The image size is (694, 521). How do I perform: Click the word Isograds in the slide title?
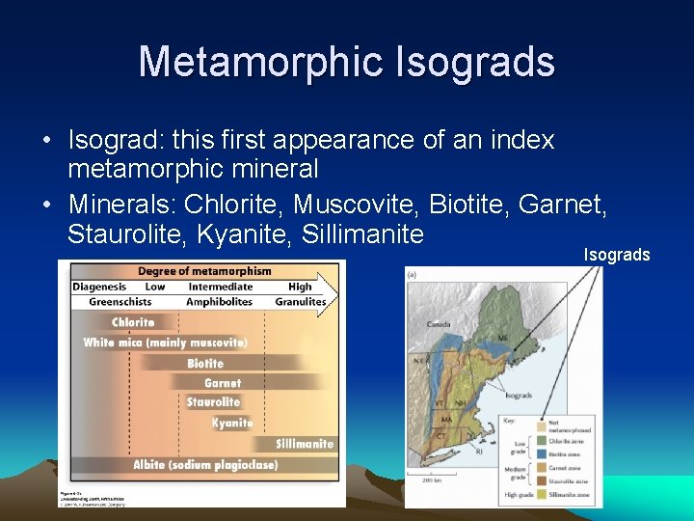coord(475,62)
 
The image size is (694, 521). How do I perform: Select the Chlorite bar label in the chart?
coord(133,322)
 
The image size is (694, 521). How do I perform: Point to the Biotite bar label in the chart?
coord(205,364)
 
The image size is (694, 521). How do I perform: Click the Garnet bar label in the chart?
coord(223,383)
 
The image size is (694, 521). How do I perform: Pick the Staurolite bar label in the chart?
coord(213,402)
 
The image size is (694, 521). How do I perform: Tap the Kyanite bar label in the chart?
coord(232,423)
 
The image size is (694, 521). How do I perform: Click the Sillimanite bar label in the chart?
coord(305,444)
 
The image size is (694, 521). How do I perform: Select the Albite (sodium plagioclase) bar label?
coord(205,465)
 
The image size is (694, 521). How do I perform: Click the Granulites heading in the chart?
coord(302,302)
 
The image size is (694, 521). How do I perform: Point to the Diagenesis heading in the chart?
coord(100,287)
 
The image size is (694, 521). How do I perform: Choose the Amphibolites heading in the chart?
coord(219,302)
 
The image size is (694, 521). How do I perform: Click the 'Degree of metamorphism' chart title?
coord(204,271)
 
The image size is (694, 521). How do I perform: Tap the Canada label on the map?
coord(440,323)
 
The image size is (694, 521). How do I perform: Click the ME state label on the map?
coord(502,339)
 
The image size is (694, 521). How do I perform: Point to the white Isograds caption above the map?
coord(617,255)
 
